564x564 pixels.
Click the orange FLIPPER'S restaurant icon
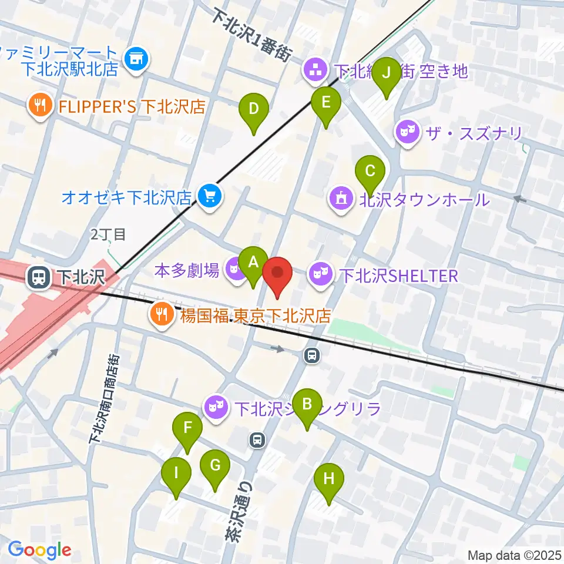[41, 106]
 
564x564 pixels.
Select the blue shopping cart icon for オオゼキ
[209, 196]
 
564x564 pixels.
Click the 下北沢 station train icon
[40, 277]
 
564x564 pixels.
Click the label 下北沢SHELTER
[399, 276]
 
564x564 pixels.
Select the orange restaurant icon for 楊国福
[160, 314]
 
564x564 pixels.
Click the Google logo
[39, 550]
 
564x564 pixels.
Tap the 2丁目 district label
[108, 235]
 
